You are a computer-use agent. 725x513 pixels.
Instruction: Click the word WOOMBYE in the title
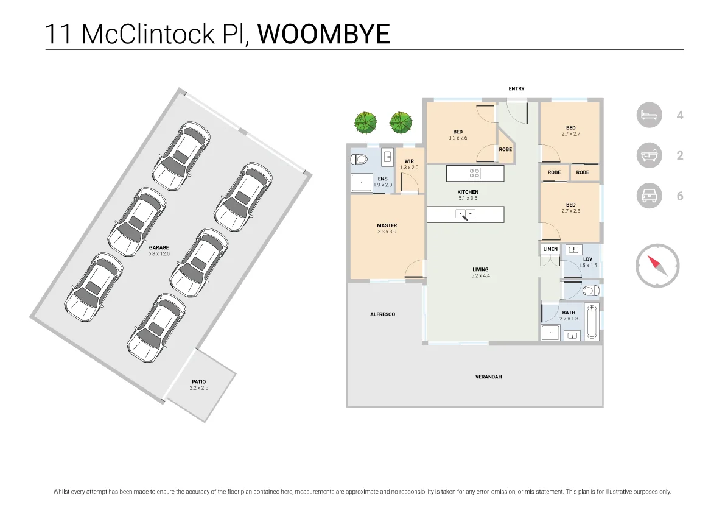(x=323, y=34)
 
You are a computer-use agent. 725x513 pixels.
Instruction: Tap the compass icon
(x=657, y=266)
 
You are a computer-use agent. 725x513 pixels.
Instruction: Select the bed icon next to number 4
(x=649, y=115)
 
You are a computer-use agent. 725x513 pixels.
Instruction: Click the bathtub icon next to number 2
(x=649, y=156)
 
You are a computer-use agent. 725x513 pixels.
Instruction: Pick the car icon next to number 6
(x=649, y=196)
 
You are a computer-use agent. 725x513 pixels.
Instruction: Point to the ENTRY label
(x=516, y=89)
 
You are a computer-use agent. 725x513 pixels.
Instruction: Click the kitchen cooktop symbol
(x=474, y=173)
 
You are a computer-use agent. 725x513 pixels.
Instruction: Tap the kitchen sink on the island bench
(x=466, y=214)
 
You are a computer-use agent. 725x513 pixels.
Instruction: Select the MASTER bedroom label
(x=387, y=225)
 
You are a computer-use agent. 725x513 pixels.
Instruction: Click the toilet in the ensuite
(x=359, y=160)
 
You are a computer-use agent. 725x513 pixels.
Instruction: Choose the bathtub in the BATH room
(x=591, y=322)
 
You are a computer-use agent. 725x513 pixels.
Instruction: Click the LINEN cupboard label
(x=550, y=249)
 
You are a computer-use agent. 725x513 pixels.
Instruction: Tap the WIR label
(x=409, y=161)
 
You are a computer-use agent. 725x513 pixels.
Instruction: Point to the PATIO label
(x=198, y=382)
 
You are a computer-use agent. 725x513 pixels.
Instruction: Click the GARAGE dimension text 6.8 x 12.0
(x=159, y=253)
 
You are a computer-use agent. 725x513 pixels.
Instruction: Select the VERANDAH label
(x=488, y=377)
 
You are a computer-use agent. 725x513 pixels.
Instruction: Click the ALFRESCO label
(x=382, y=314)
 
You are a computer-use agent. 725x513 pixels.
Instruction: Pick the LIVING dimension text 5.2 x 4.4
(x=480, y=276)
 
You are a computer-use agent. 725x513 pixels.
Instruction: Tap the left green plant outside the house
(x=365, y=122)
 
